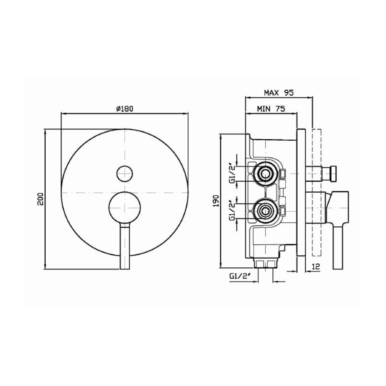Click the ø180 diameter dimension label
(124, 109)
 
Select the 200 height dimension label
(40, 199)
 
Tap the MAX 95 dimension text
(279, 93)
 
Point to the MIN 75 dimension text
(271, 109)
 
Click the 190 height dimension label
(216, 201)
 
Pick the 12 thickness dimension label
(316, 266)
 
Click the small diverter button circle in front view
(124, 174)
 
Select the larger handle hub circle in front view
(124, 208)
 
